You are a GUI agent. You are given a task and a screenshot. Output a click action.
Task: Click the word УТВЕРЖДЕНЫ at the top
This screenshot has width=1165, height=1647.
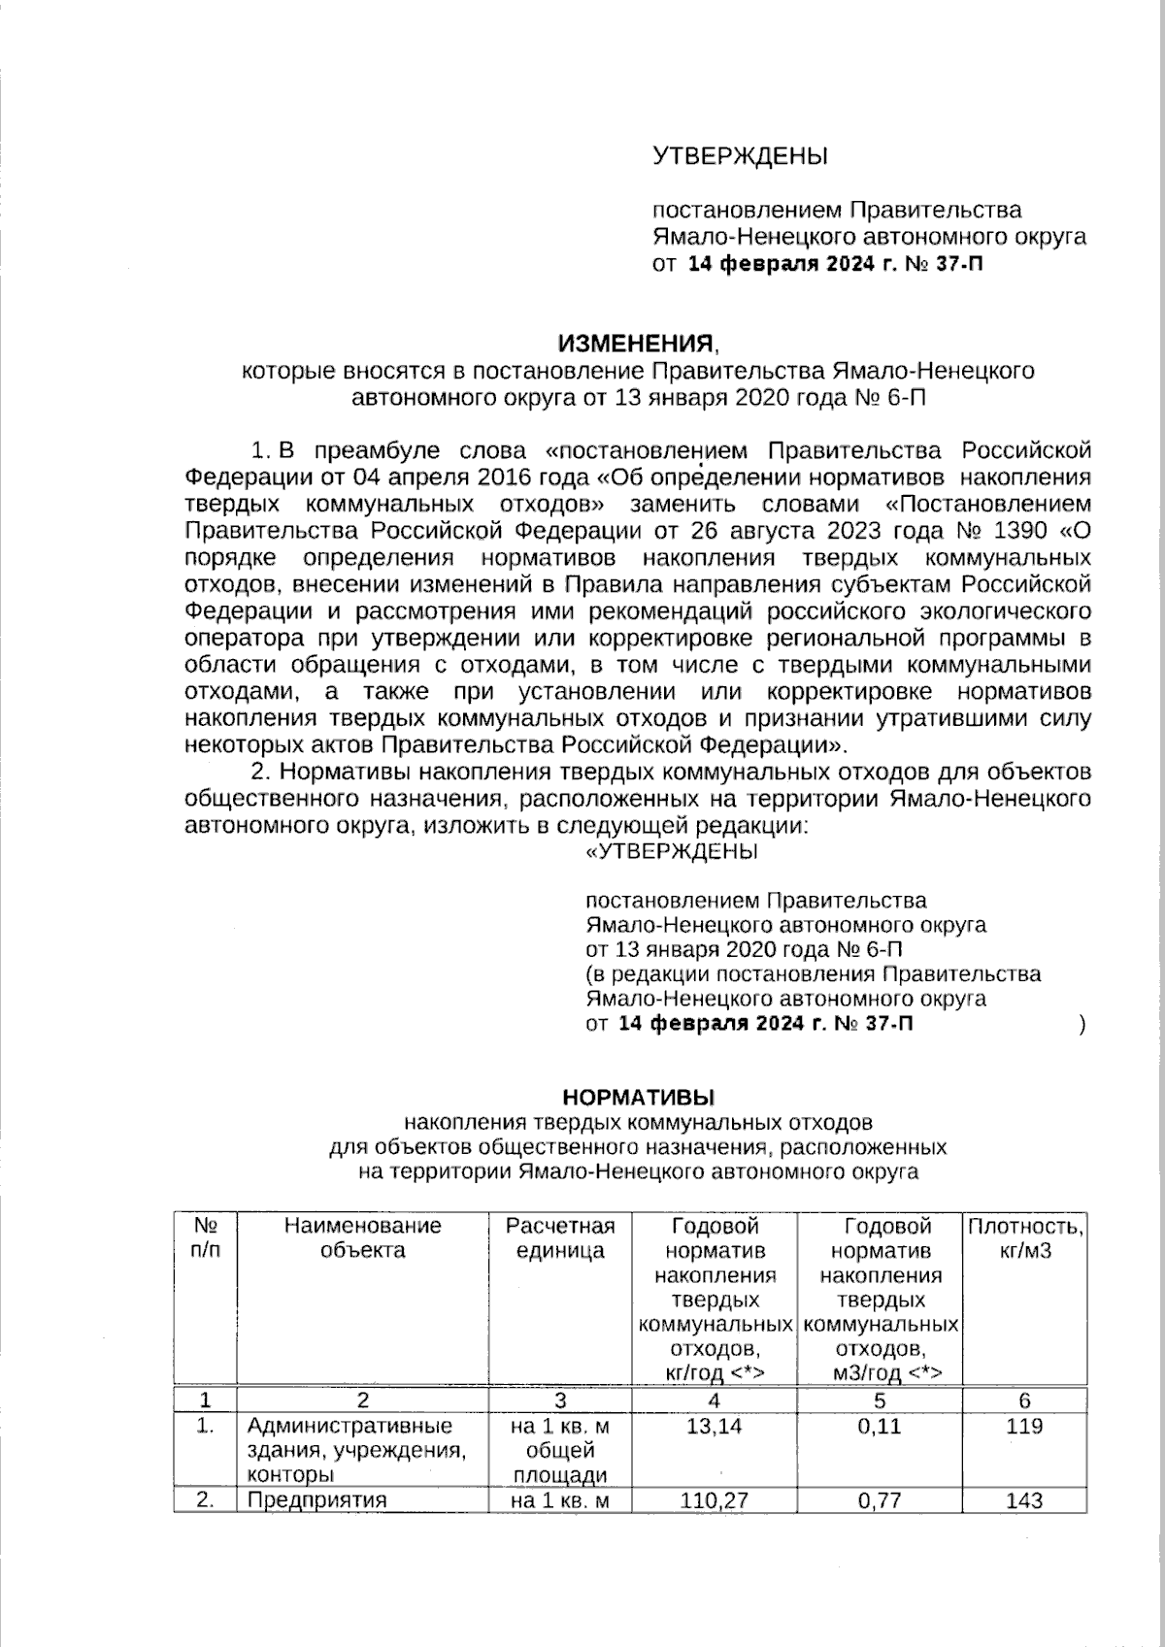pyautogui.click(x=740, y=155)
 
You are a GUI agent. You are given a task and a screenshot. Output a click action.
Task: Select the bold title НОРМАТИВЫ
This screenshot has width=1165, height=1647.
pyautogui.click(x=638, y=1098)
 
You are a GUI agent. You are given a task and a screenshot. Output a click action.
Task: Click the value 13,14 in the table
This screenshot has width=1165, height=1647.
pyautogui.click(x=715, y=1427)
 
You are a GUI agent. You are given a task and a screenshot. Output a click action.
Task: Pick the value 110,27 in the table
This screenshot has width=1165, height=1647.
pyautogui.click(x=715, y=1500)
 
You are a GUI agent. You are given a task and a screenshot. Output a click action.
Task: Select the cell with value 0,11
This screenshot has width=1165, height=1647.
pyautogui.click(x=880, y=1427)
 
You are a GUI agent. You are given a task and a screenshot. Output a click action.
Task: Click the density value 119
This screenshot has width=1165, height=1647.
pyautogui.click(x=1025, y=1427)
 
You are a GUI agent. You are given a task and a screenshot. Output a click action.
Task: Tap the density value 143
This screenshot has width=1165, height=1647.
pyautogui.click(x=1025, y=1500)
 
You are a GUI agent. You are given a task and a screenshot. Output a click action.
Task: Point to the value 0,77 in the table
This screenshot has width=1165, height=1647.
pyautogui.click(x=880, y=1500)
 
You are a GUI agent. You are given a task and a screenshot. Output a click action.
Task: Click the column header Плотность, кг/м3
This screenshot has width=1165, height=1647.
pyautogui.click(x=1025, y=1238)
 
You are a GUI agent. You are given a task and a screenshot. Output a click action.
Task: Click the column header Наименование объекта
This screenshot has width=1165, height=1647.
pyautogui.click(x=363, y=1238)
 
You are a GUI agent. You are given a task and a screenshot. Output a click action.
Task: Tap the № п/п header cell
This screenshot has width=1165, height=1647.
pyautogui.click(x=205, y=1238)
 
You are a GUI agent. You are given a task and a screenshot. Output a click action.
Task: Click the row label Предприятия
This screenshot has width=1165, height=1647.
pyautogui.click(x=316, y=1500)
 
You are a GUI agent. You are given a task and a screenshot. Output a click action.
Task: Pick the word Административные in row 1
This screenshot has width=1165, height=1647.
pyautogui.click(x=349, y=1427)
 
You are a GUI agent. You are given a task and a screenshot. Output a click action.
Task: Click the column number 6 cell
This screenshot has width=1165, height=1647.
pyautogui.click(x=1025, y=1400)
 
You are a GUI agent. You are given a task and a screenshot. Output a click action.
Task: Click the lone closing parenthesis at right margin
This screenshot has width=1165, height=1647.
pyautogui.click(x=1082, y=1024)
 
